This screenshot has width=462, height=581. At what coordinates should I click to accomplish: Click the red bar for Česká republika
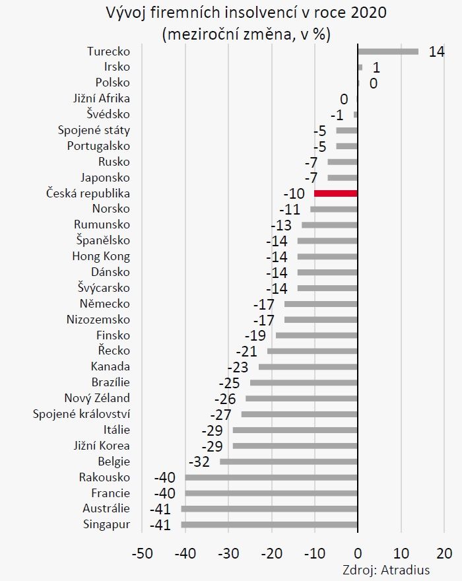(x=336, y=193)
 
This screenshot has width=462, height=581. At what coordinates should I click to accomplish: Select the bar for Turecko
(x=387, y=51)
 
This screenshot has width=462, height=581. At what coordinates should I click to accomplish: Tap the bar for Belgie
(x=288, y=461)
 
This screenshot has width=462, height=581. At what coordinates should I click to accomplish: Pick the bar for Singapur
(x=269, y=525)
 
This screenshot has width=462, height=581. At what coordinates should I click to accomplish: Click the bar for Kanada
(x=308, y=366)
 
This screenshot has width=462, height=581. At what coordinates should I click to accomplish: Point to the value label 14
(x=436, y=51)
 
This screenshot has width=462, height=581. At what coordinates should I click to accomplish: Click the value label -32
(x=199, y=461)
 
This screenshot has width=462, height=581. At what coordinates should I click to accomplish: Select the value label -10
(x=294, y=194)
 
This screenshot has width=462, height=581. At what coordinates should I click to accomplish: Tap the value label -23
(x=238, y=367)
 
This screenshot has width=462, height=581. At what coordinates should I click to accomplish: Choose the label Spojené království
(x=82, y=414)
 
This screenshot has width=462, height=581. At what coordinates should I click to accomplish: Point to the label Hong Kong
(x=101, y=256)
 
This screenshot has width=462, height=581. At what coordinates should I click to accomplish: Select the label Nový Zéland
(x=97, y=398)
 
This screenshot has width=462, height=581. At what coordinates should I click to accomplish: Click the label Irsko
(x=117, y=67)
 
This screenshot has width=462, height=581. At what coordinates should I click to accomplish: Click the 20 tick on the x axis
(x=444, y=552)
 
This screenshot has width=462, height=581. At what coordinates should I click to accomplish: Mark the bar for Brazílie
(x=304, y=382)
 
